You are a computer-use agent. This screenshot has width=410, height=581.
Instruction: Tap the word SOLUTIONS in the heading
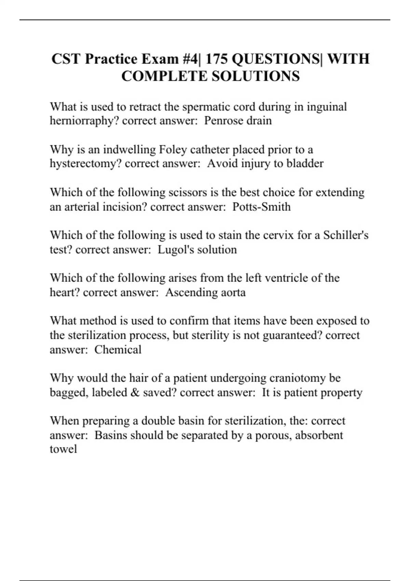pos(256,76)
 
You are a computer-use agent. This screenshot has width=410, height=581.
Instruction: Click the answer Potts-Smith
pos(261,207)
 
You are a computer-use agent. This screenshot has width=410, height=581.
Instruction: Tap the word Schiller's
pos(346,235)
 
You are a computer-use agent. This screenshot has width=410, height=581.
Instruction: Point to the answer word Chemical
pos(118,350)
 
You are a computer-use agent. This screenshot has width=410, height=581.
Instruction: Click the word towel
pos(63,449)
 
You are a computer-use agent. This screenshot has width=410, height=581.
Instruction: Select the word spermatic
pos(205,107)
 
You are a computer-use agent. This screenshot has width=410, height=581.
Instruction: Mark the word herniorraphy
pos(84,121)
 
